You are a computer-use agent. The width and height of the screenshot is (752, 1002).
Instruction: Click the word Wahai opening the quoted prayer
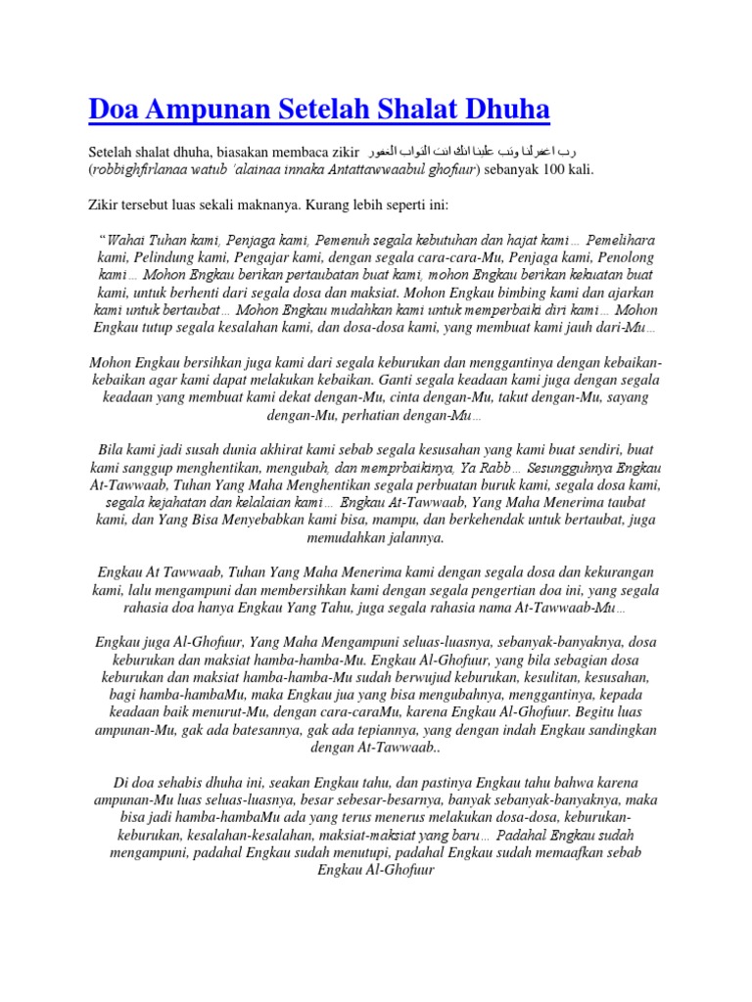point(127,240)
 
